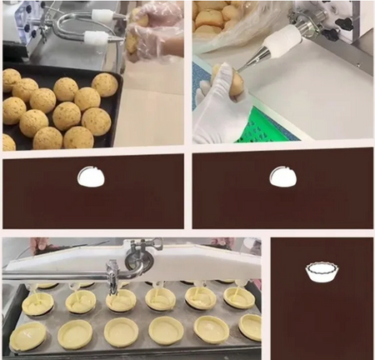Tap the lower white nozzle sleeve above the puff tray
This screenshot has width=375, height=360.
(98, 37)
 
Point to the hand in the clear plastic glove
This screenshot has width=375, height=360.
(158, 29)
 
